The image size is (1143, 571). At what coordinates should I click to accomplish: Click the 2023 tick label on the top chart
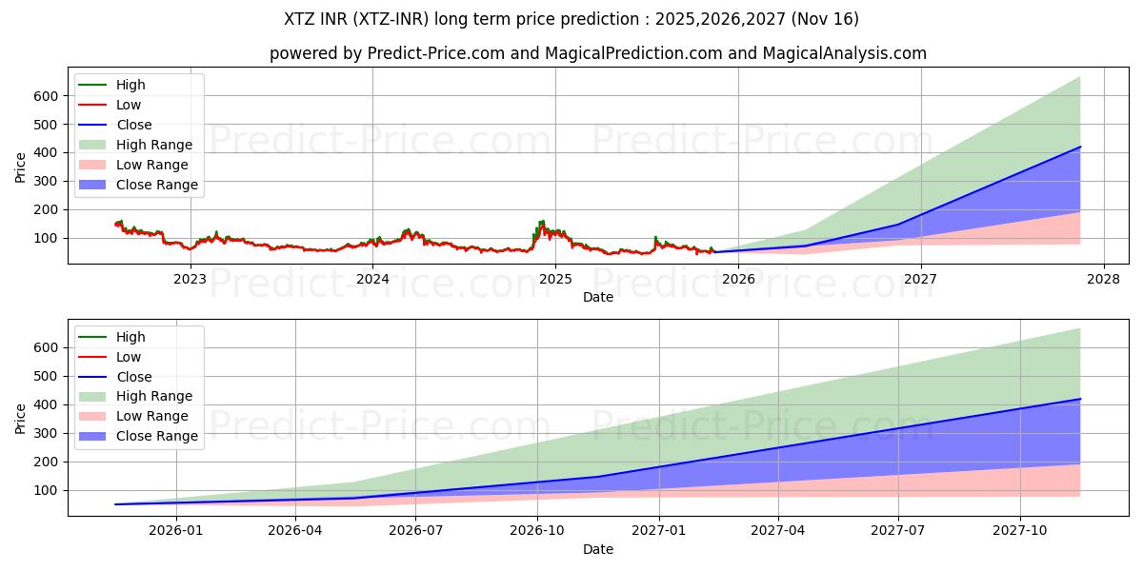(x=190, y=279)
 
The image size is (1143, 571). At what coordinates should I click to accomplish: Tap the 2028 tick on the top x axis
(x=1103, y=279)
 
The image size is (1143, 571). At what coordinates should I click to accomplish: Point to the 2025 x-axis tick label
(x=555, y=279)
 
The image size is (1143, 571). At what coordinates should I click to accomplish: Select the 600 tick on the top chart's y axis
(x=46, y=96)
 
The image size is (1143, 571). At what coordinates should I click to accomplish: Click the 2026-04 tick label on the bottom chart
(x=295, y=531)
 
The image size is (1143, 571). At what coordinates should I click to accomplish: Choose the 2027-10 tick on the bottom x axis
(x=1020, y=531)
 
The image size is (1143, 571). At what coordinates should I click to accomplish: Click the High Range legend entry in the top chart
(x=154, y=145)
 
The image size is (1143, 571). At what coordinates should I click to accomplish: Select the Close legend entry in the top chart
(x=134, y=125)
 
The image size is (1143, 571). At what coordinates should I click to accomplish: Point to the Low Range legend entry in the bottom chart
(x=152, y=416)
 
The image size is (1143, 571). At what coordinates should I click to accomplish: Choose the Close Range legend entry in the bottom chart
(x=157, y=436)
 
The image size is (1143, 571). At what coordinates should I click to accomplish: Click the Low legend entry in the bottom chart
(x=129, y=357)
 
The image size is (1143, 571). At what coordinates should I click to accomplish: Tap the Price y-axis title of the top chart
(x=21, y=167)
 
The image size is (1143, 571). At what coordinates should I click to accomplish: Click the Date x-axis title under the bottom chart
(x=598, y=549)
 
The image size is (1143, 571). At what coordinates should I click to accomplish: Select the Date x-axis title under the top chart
(x=598, y=297)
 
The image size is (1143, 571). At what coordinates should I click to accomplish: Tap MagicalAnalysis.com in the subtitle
(x=844, y=53)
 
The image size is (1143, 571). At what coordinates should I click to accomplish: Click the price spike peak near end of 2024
(x=542, y=222)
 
